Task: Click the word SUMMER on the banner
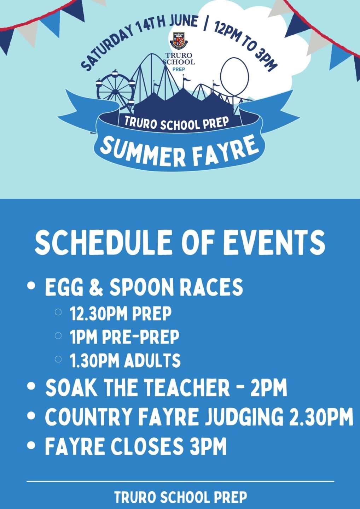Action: point(143,152)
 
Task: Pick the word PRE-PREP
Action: point(141,337)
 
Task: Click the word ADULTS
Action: point(152,361)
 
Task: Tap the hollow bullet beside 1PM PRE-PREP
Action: point(58,335)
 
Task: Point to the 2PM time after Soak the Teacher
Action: point(269,388)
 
